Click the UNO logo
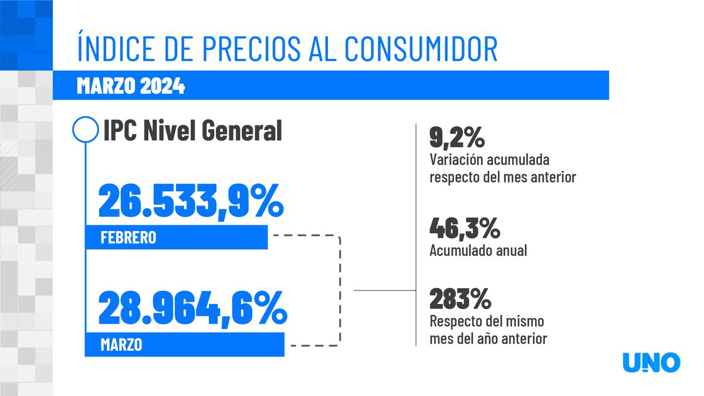tap(651, 363)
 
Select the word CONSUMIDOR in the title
tap(421, 49)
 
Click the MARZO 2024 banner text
tap(131, 87)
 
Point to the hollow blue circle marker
tap(85, 129)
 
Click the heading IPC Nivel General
tap(192, 130)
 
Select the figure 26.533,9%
tap(191, 201)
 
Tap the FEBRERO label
tap(128, 238)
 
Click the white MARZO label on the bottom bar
tap(121, 345)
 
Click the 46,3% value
tap(465, 228)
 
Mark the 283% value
tap(460, 299)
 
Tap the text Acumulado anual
tap(478, 251)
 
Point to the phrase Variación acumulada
tap(489, 160)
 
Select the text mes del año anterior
tap(488, 339)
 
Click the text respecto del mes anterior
tap(502, 177)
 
